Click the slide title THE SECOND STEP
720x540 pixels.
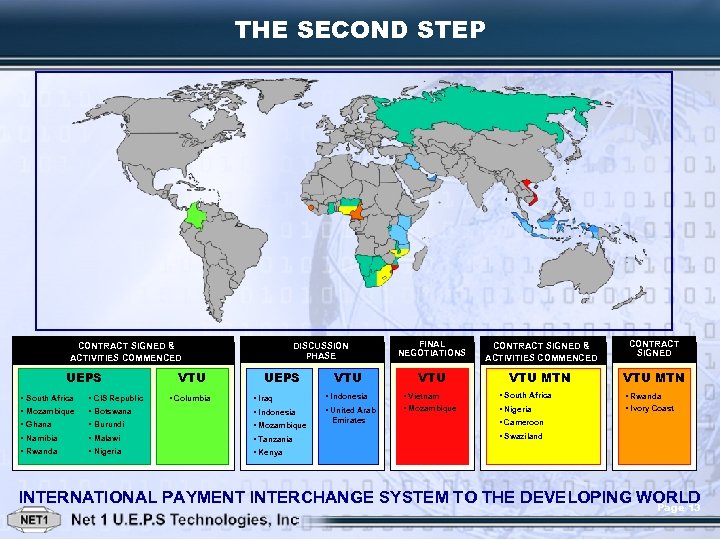[360, 30]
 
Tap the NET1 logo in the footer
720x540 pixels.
[36, 521]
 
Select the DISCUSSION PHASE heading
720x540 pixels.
[321, 351]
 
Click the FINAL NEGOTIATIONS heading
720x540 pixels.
[432, 348]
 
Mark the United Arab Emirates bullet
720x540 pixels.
[353, 415]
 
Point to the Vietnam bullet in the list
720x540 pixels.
[428, 396]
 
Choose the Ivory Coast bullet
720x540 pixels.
[651, 408]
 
